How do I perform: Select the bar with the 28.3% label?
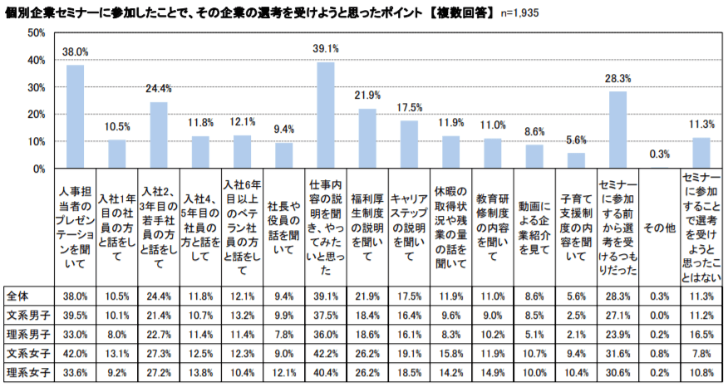tap(617, 130)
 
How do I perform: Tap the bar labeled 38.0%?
tap(76, 117)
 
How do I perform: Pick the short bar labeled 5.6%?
tap(576, 160)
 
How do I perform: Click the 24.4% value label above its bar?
tap(159, 89)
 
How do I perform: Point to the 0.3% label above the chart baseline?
tap(659, 154)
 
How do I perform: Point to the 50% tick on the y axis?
tap(36, 32)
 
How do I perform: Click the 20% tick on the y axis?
tap(36, 115)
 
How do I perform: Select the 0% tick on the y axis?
tap(38, 169)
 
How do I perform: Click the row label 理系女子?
tap(27, 371)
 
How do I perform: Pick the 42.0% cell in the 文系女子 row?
tap(76, 352)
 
